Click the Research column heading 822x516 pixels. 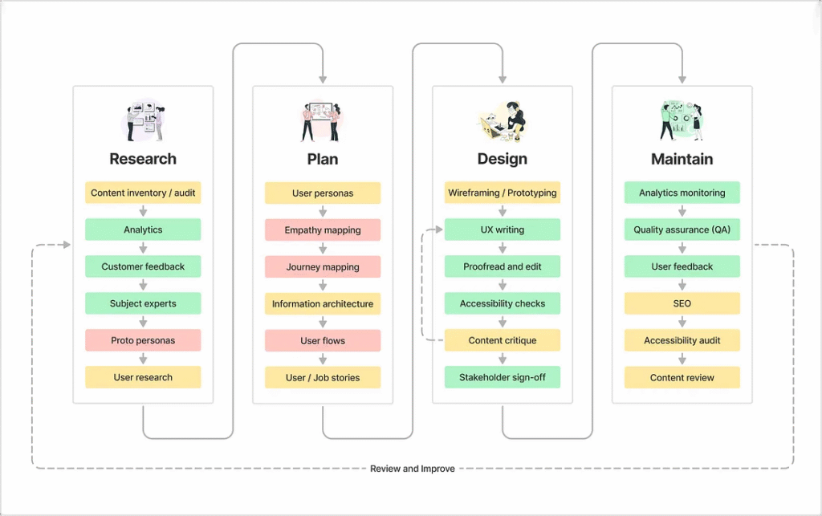[143, 159]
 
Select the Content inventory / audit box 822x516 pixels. [143, 193]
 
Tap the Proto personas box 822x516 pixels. [143, 340]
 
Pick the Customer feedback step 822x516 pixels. [143, 266]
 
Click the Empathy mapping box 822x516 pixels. [323, 230]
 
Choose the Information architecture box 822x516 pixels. [323, 304]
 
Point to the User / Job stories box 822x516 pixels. [323, 377]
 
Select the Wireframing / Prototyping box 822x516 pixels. [503, 193]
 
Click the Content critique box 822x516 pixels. [503, 340]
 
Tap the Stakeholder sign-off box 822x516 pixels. [503, 377]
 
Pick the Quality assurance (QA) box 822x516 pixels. [682, 230]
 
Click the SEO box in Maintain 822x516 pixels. [682, 304]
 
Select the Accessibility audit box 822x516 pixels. [682, 340]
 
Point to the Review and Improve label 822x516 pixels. [412, 469]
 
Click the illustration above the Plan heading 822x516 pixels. [322, 121]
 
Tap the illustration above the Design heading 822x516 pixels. [503, 121]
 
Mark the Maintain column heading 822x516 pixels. [682, 159]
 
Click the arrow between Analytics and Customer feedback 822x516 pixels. [143, 248]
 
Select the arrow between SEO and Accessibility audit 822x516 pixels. [682, 322]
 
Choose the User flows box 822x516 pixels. [323, 340]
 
